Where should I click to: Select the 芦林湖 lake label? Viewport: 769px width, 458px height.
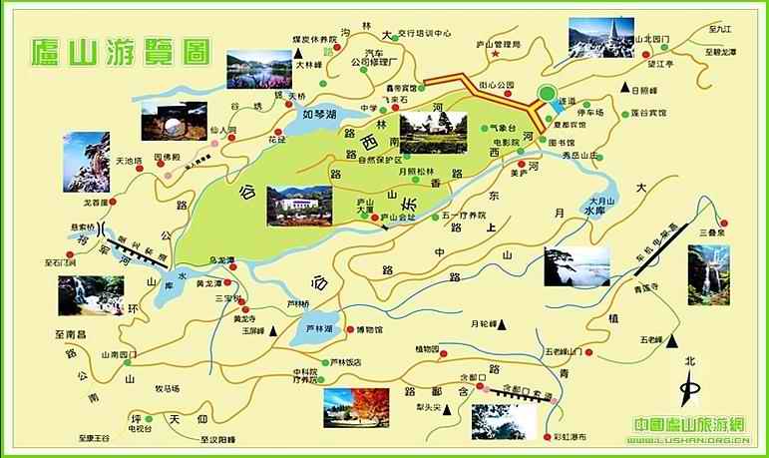click(x=319, y=328)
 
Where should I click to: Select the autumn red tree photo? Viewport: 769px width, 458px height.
click(x=356, y=407)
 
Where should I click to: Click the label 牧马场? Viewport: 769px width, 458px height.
click(x=167, y=388)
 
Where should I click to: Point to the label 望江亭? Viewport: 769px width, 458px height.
click(x=662, y=64)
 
